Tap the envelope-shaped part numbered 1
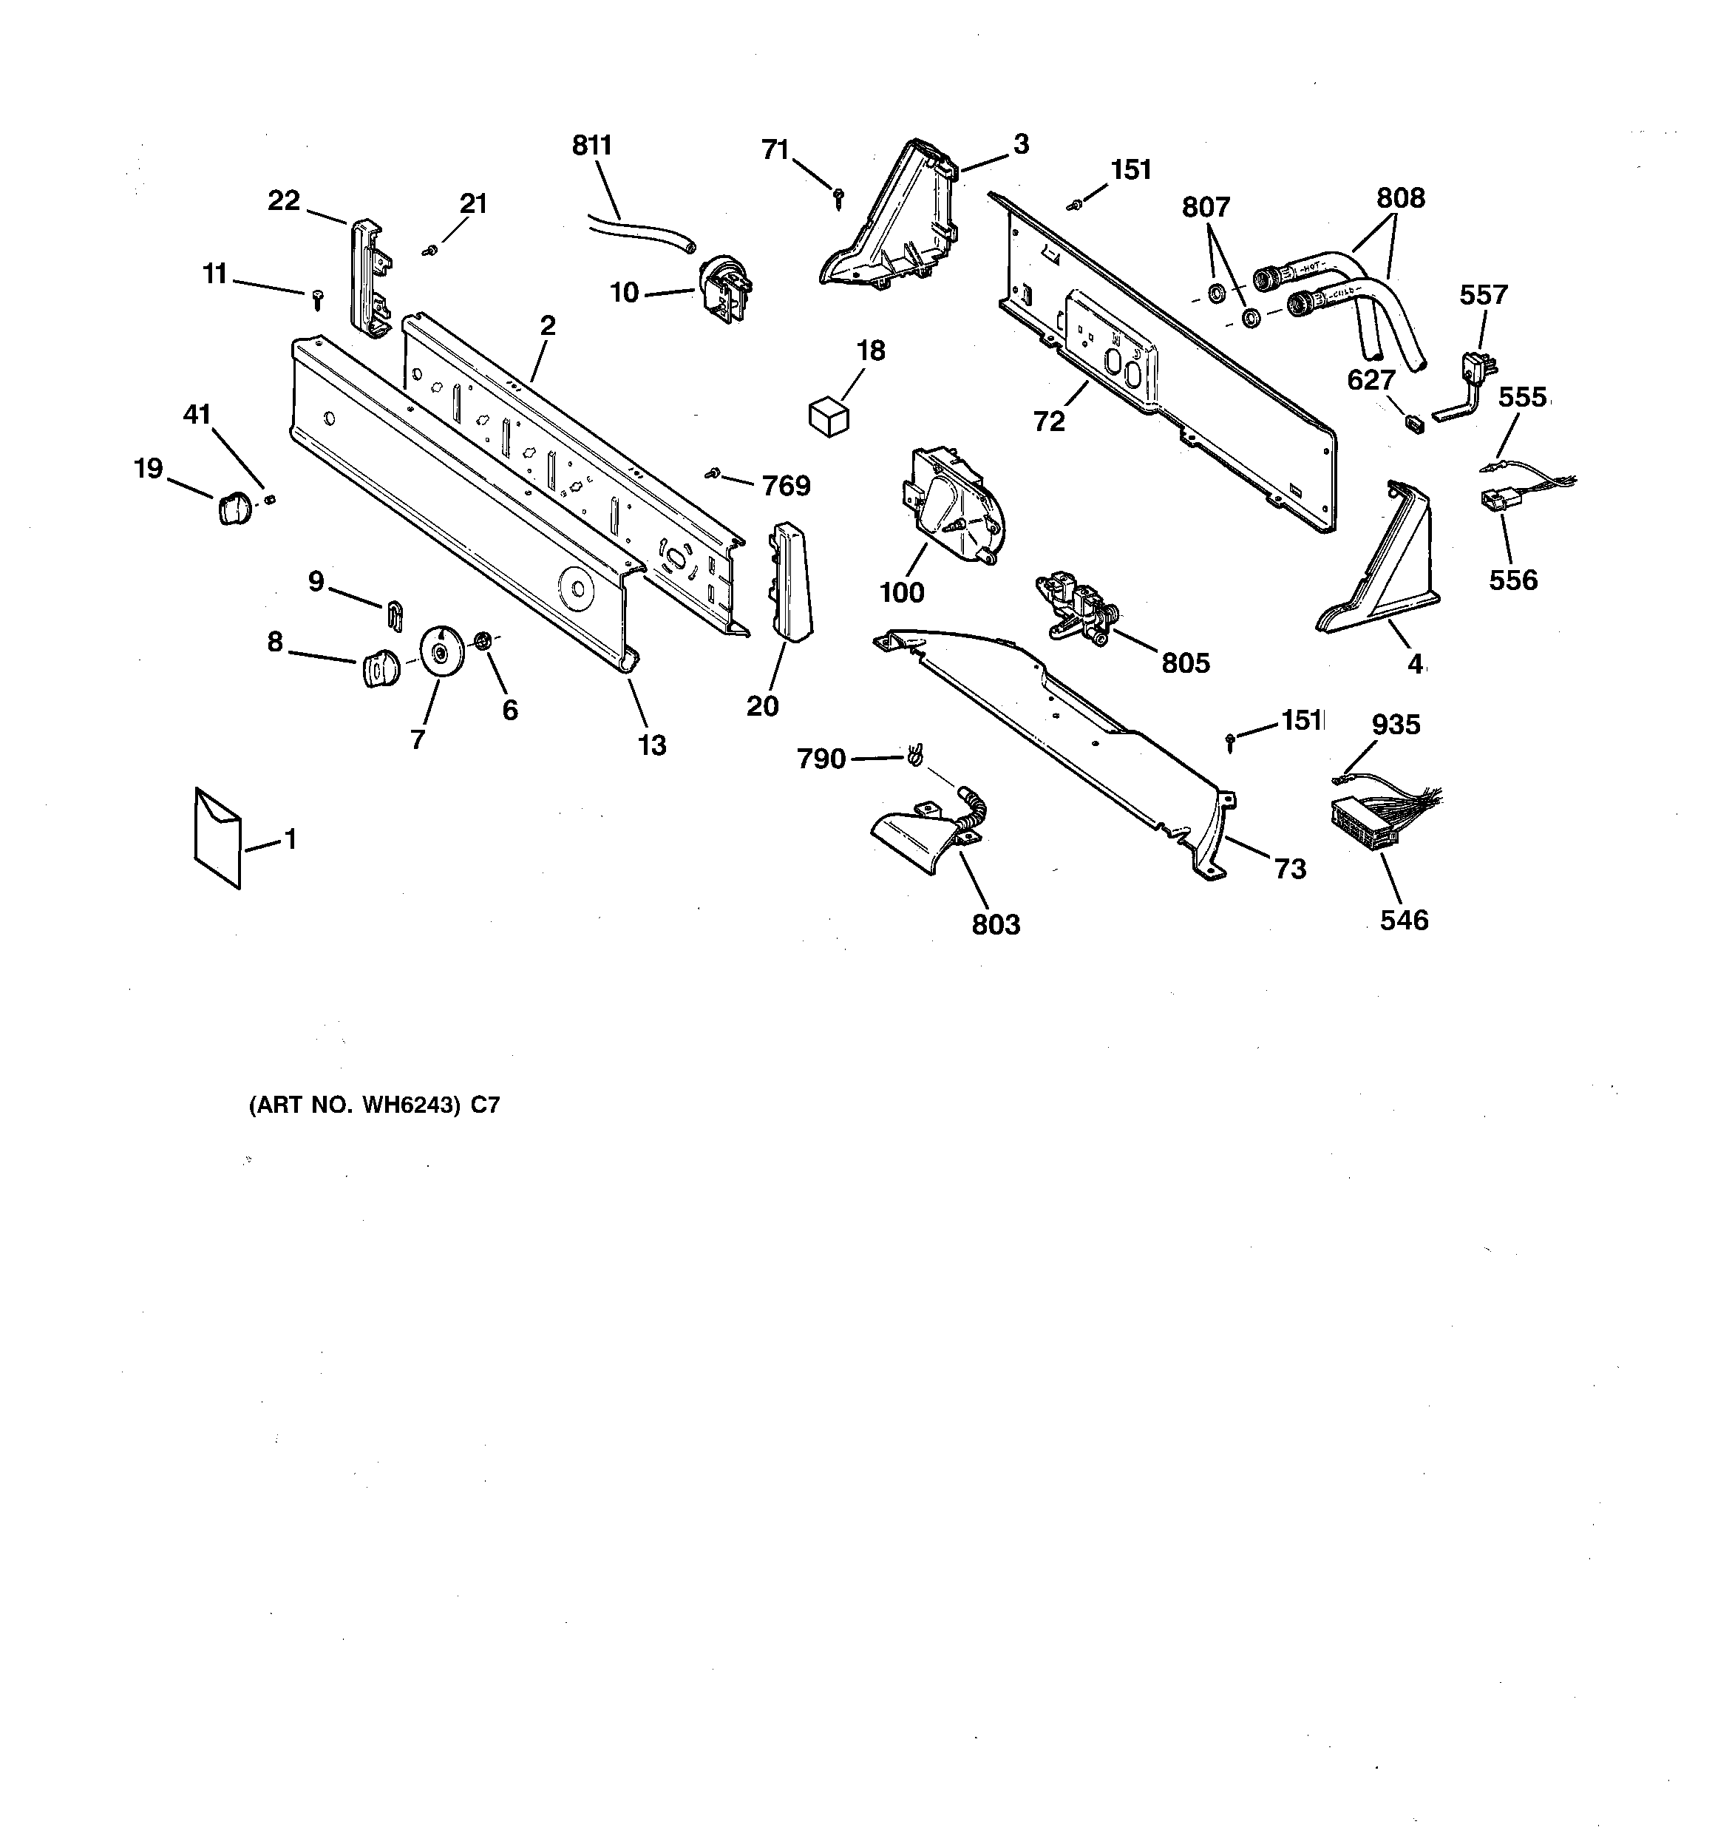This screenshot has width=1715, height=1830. coord(218,837)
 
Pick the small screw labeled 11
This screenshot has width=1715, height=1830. coord(318,297)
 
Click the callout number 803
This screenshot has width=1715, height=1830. coord(996,924)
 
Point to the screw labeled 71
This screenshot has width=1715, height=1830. coord(838,197)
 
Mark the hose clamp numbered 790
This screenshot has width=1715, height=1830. coord(915,756)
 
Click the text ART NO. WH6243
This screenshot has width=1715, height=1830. coord(353,1105)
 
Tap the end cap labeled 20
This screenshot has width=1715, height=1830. coord(789,580)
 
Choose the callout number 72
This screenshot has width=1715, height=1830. coord(1048,421)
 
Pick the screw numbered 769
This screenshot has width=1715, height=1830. coord(712,473)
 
